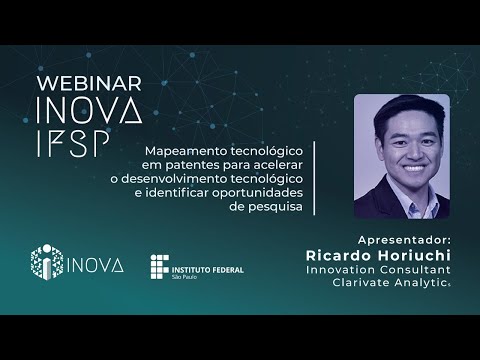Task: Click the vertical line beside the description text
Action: click(315, 177)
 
